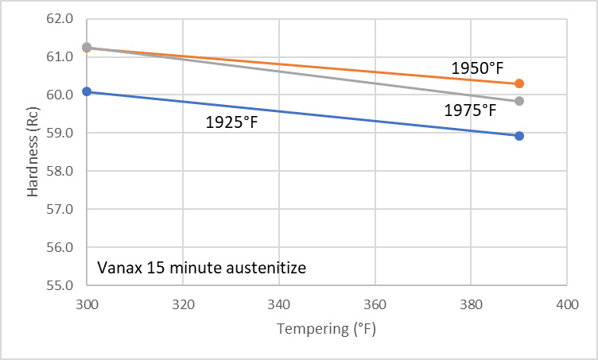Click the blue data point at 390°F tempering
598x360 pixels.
coord(519,136)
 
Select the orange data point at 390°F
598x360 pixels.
coord(519,83)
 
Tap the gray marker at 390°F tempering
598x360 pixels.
coord(519,101)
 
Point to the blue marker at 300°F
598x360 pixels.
coord(87,91)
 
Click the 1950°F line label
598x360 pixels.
coord(479,68)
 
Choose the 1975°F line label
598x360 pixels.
coord(470,111)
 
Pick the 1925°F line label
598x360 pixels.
coord(231,124)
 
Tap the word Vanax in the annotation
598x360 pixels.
coord(117,268)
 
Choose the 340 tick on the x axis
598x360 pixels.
coord(279,304)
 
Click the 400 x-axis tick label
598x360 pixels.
coord(566,304)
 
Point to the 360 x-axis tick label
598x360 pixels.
coord(375,304)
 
